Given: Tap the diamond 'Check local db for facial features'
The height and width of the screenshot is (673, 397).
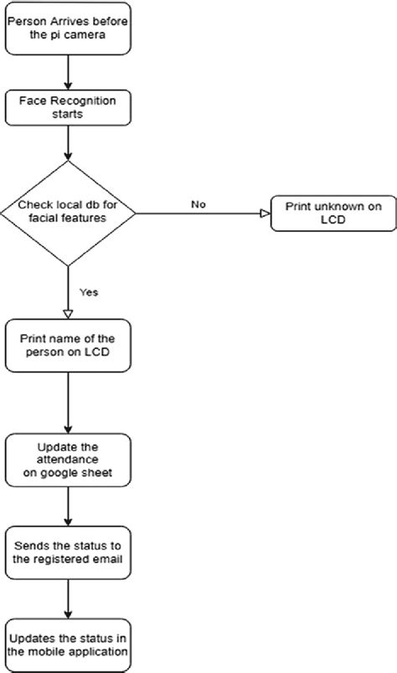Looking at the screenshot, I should (x=66, y=213).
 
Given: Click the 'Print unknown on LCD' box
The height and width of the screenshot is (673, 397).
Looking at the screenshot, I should (x=332, y=213).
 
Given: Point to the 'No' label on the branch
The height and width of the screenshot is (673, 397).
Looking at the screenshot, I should (x=198, y=203).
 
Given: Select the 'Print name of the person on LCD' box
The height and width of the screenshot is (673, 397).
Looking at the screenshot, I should (x=66, y=346).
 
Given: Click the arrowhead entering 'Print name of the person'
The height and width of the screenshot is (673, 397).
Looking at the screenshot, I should (x=66, y=312).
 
